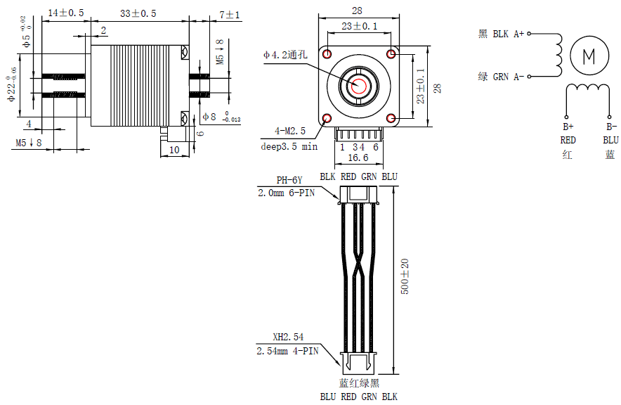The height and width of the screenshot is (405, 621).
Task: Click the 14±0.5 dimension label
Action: coord(66,13)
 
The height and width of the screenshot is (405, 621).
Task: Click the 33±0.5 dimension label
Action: coord(138,13)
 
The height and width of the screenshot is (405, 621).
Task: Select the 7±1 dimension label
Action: coord(230,14)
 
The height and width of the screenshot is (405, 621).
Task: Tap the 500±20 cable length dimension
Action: coord(405,276)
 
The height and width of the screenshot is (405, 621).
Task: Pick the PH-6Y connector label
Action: coord(289,180)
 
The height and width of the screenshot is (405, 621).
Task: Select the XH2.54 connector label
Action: coord(288,337)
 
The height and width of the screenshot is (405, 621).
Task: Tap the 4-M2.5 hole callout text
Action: coord(290,131)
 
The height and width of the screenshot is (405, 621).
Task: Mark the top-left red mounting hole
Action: coord(327,53)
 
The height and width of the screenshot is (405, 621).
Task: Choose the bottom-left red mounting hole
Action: coord(327,118)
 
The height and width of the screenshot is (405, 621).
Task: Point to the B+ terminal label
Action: coord(568,127)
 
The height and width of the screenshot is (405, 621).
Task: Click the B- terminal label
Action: coord(611,127)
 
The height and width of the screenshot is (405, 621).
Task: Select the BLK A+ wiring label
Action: coord(503,33)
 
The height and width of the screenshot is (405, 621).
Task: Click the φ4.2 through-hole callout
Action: coord(286,54)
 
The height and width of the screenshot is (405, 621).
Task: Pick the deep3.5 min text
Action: coord(289,147)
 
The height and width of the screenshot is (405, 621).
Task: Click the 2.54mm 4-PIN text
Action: coord(288,350)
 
